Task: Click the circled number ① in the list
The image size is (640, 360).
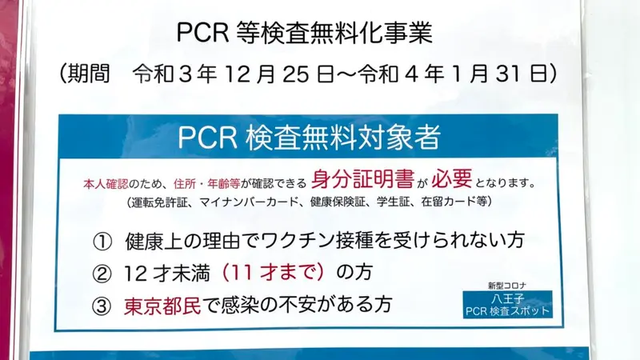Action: point(102,242)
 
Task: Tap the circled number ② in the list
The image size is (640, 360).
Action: point(102,274)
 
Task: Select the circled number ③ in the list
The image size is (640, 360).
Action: point(102,306)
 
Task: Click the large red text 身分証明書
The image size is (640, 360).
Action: point(362,178)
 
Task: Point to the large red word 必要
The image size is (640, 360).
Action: point(451,178)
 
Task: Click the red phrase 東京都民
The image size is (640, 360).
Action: point(162,306)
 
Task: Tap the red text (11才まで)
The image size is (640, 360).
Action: point(273,273)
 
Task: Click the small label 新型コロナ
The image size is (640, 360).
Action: point(507,286)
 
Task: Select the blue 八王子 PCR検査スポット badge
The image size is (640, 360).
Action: point(507,305)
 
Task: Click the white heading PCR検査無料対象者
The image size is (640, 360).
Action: point(309,137)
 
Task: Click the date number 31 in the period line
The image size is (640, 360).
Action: point(510,74)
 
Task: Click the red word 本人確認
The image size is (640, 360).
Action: point(106,184)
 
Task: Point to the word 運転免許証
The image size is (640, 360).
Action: point(159,202)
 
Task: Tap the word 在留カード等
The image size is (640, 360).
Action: point(454,202)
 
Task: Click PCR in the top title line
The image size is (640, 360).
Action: point(203,33)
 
